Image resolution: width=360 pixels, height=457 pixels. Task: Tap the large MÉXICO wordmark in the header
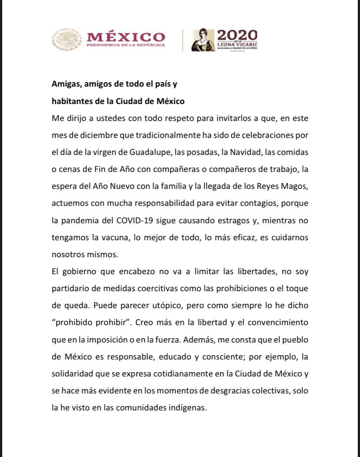pos(126,37)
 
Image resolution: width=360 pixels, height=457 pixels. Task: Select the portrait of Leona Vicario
pos(203,40)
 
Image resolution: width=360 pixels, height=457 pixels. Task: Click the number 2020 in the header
pos(237,35)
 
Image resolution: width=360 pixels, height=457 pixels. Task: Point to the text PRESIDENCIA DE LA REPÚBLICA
pos(126,45)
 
